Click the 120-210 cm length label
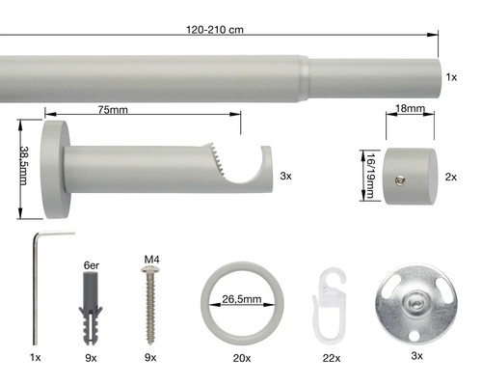coord(215,30)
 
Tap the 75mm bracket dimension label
coord(113,110)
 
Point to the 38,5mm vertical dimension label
coord(24,165)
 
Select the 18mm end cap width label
coord(410,109)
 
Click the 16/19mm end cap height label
coord(370,176)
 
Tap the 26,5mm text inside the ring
coord(242,299)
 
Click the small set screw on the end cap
coord(400,180)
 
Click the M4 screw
coord(150,305)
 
